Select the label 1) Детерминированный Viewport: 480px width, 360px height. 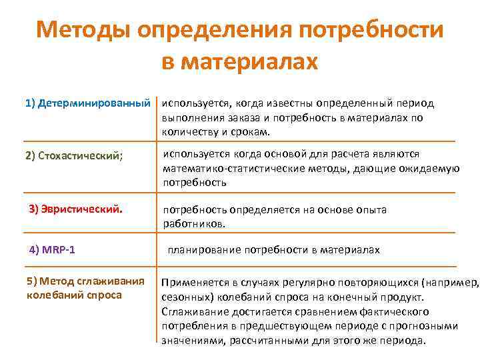(x=87, y=104)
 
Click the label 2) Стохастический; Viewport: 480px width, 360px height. (x=74, y=156)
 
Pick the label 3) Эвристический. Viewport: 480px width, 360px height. (x=75, y=210)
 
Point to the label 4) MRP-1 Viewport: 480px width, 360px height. (x=52, y=250)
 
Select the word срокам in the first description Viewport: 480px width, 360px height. (x=249, y=131)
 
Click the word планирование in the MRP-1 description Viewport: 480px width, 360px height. (x=202, y=250)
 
